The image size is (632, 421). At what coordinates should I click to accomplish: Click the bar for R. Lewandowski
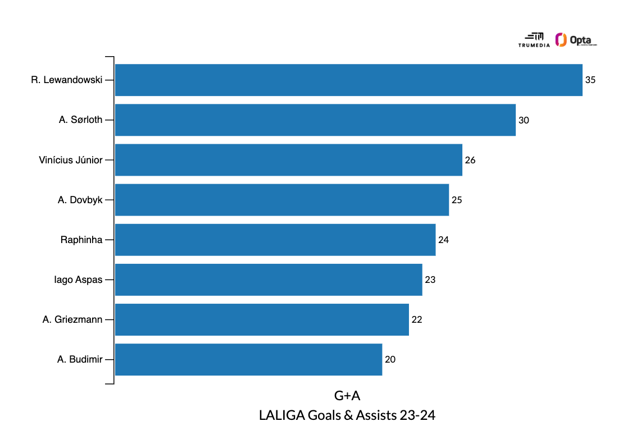[348, 80]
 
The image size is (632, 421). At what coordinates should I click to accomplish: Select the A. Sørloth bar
[315, 120]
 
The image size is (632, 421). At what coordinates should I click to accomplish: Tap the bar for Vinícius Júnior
[289, 160]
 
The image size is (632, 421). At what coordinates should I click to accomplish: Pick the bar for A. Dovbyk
[282, 200]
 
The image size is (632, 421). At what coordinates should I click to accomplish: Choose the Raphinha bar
[275, 240]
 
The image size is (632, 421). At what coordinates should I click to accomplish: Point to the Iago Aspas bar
[269, 280]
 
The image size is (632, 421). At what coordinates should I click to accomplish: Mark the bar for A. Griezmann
[262, 319]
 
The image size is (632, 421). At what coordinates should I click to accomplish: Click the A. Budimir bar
[248, 359]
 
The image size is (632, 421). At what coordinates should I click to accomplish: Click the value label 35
[590, 80]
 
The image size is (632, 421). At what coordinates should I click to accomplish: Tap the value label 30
[524, 120]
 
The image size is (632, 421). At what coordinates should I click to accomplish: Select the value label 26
[470, 160]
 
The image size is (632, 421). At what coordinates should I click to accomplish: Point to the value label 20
[390, 359]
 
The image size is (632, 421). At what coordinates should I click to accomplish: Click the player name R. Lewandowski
[67, 80]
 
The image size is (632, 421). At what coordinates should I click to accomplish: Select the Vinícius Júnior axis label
[71, 160]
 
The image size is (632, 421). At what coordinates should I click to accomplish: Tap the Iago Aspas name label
[78, 280]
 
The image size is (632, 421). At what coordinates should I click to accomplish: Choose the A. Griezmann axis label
[72, 319]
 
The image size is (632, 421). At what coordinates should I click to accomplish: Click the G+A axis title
[347, 396]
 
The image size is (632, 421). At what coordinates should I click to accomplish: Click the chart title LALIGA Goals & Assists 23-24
[347, 415]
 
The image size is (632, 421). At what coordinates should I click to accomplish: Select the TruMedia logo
[534, 39]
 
